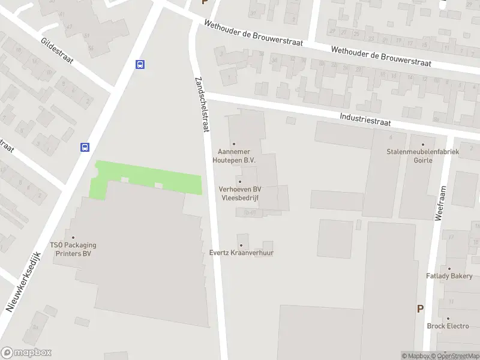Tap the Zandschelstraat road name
point(202,103)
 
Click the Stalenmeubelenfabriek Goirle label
point(423,156)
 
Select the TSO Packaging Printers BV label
point(73,249)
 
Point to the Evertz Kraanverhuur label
point(241,253)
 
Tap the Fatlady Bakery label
point(449,276)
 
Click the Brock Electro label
point(448,326)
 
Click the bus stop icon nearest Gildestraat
point(140,65)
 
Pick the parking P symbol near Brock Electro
point(420,308)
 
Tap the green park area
point(147,178)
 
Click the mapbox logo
point(26,353)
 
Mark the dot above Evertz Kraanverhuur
point(241,245)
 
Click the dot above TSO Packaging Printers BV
point(73,237)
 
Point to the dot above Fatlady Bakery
point(449,268)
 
